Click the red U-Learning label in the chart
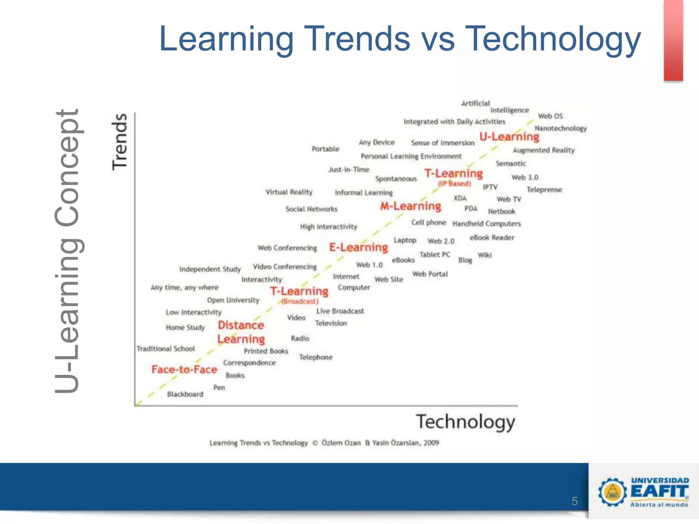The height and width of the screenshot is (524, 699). (509, 137)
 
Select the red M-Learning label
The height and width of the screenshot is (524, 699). (411, 206)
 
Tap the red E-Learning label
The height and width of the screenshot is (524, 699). (358, 247)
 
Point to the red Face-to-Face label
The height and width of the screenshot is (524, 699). (184, 369)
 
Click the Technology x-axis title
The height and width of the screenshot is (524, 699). (465, 422)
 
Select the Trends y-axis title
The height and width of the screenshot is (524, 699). (120, 142)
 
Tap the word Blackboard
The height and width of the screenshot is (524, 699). (185, 394)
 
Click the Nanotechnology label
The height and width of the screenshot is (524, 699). (560, 129)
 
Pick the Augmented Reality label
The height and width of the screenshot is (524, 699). (543, 150)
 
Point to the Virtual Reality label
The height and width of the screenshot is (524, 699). (289, 192)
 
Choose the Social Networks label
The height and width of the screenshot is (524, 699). (311, 209)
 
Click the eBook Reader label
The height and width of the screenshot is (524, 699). (492, 238)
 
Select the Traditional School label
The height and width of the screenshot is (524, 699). (166, 349)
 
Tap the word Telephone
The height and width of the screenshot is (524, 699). (316, 357)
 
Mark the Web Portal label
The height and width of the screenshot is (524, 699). (430, 274)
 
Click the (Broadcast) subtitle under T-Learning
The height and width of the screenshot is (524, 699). (300, 302)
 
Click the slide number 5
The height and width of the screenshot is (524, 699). (574, 501)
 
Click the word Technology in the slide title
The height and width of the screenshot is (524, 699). (553, 39)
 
